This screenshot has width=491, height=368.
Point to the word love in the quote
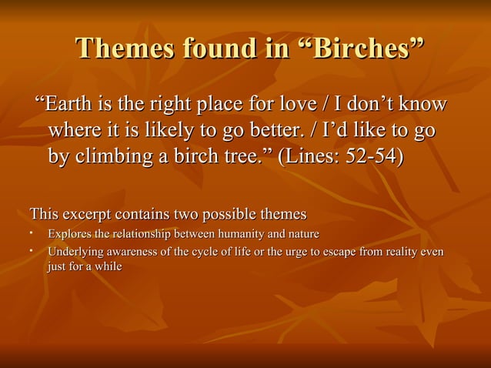tap(309, 104)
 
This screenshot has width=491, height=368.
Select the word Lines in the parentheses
tap(312, 156)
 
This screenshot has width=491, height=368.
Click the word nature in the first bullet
tap(300, 233)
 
